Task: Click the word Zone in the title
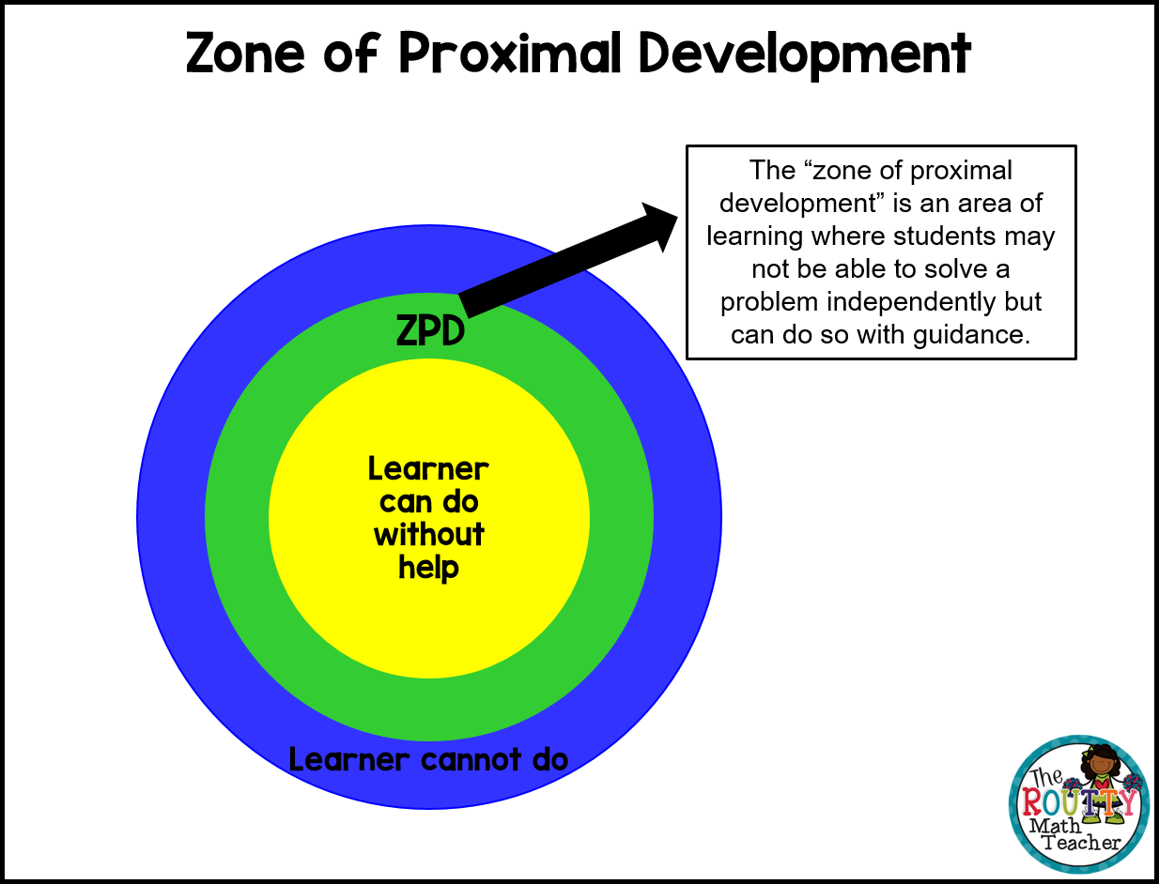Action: click(246, 54)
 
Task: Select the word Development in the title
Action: click(804, 54)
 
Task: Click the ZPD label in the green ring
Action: click(430, 330)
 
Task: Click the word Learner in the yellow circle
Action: click(428, 468)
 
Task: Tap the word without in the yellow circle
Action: click(429, 535)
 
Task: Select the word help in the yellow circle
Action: click(428, 568)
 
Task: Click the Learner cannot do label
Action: click(428, 759)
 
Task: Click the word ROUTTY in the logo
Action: click(1079, 803)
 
